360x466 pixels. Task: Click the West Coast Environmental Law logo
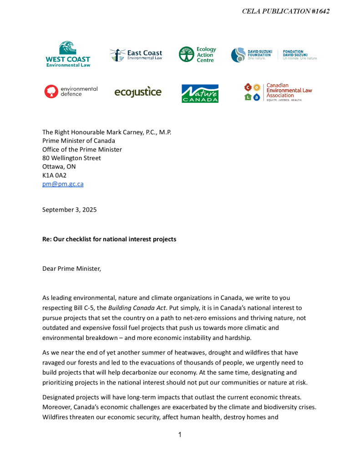(x=68, y=54)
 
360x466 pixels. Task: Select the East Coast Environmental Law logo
(x=136, y=55)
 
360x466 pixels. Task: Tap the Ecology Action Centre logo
(x=197, y=55)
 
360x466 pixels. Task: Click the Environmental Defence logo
(x=71, y=91)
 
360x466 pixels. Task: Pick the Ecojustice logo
(x=138, y=92)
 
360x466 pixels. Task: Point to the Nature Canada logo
(x=200, y=93)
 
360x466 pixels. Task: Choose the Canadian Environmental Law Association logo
(x=278, y=92)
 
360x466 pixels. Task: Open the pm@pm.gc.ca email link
(x=63, y=184)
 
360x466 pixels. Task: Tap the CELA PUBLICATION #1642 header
(x=286, y=11)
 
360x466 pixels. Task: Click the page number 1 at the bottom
(x=180, y=435)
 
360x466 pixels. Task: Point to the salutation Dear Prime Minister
(x=71, y=268)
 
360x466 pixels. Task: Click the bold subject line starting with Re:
(x=109, y=239)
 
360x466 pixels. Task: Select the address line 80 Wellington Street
(x=71, y=158)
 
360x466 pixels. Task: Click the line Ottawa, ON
(x=59, y=167)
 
